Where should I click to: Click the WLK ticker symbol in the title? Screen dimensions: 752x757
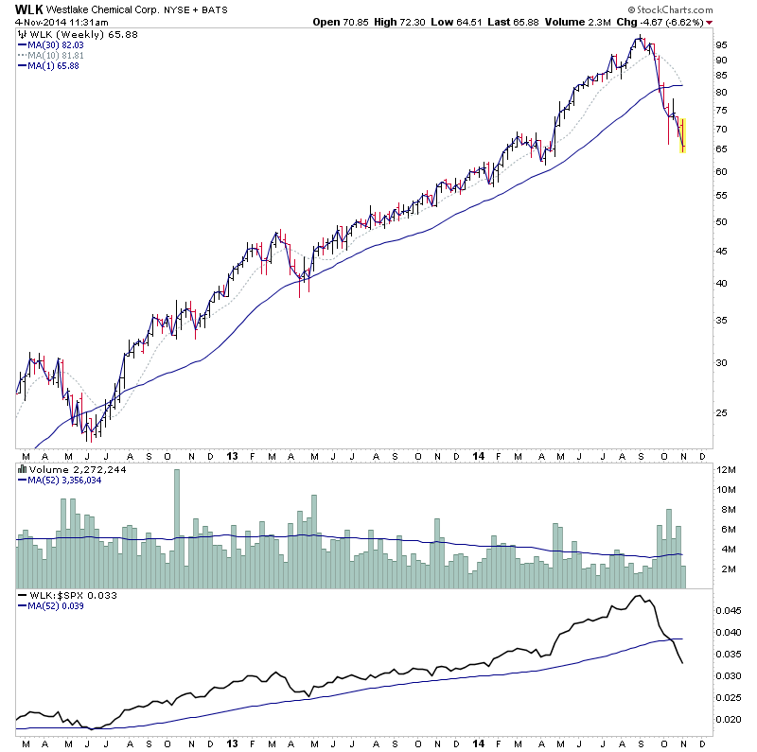29,10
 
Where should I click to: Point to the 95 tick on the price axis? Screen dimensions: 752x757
721,44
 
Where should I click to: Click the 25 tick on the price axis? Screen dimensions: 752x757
721,412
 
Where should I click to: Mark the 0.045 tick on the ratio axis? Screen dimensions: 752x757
727,609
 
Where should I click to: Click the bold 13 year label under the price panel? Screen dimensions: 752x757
232,455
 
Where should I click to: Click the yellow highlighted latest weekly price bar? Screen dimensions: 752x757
682,134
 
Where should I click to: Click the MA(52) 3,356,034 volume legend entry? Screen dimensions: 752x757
64,480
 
